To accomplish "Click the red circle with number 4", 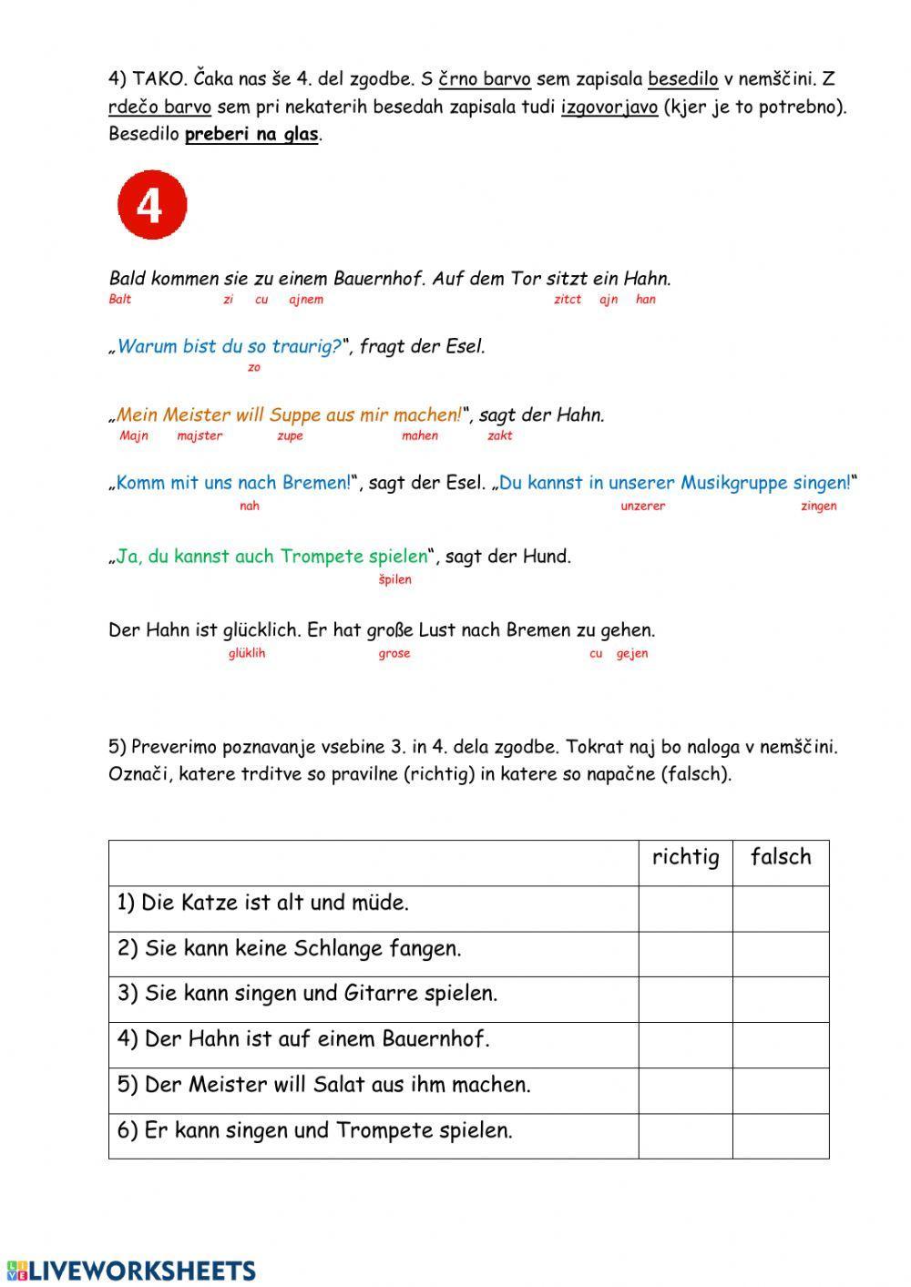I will (x=152, y=205).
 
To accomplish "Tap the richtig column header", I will (x=685, y=858).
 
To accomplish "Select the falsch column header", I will (x=781, y=858).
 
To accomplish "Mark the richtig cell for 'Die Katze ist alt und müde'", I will (x=685, y=908).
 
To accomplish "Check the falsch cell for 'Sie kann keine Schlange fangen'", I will (x=781, y=954).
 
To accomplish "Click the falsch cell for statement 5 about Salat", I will (x=781, y=1090).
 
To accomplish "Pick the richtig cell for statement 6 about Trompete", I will (x=685, y=1136).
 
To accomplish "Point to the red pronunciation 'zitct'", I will (x=568, y=300).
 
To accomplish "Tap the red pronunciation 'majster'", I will (x=200, y=436).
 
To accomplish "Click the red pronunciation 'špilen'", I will (x=394, y=579).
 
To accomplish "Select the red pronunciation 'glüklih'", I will (x=247, y=653).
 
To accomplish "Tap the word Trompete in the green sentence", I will (x=322, y=557).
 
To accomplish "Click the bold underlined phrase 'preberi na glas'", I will (x=251, y=135).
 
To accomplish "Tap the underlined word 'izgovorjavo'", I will (x=609, y=107).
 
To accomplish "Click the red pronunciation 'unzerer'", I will (x=642, y=506).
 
